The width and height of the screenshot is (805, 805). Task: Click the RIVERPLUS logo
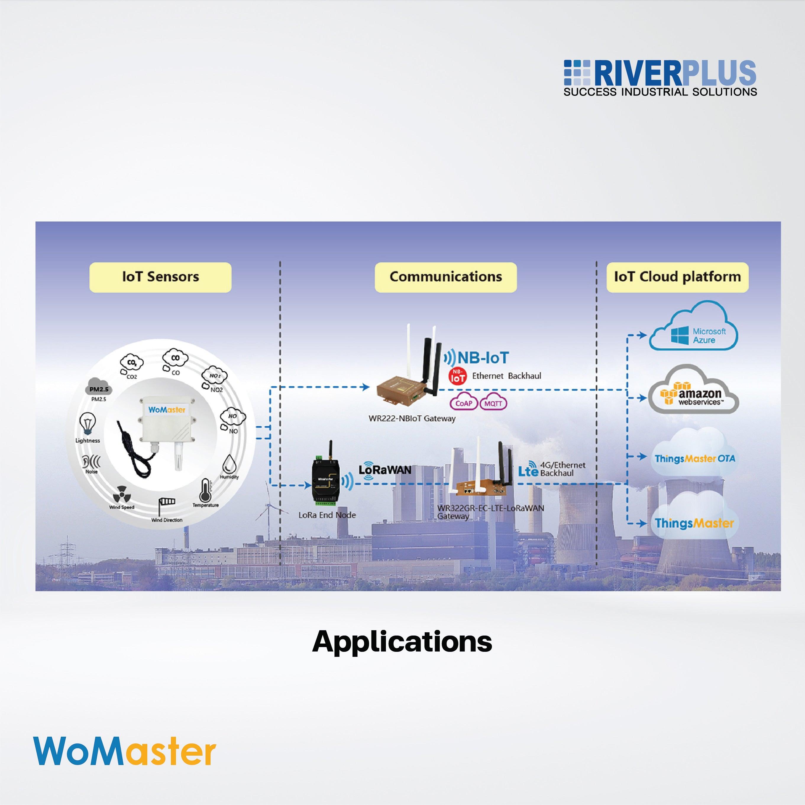pos(660,78)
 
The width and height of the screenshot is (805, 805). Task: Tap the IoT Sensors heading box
pos(160,277)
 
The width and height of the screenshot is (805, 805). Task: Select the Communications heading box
pos(445,277)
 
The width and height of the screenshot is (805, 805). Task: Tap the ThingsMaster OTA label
pos(695,459)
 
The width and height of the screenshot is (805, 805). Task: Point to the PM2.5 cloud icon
pos(99,388)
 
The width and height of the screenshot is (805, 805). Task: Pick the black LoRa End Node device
pos(327,483)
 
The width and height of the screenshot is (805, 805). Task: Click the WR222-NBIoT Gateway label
pos(412,418)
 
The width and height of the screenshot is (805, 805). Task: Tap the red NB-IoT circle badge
pos(458,376)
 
